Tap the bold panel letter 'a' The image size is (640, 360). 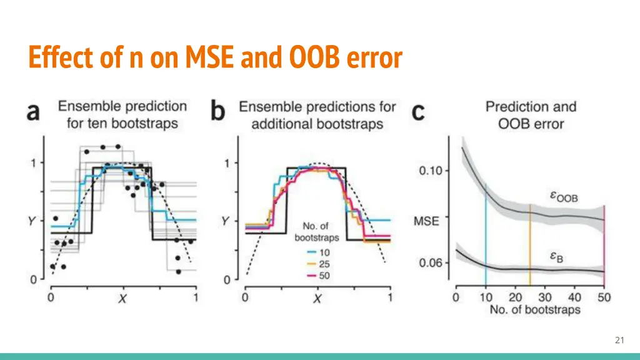[x=33, y=112]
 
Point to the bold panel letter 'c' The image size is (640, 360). [x=417, y=112]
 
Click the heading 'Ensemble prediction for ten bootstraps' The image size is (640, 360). [x=122, y=115]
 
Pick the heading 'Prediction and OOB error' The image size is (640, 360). [x=531, y=115]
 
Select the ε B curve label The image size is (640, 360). [x=556, y=256]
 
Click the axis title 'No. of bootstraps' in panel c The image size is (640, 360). [x=534, y=309]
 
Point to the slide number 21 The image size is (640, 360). [x=619, y=340]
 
